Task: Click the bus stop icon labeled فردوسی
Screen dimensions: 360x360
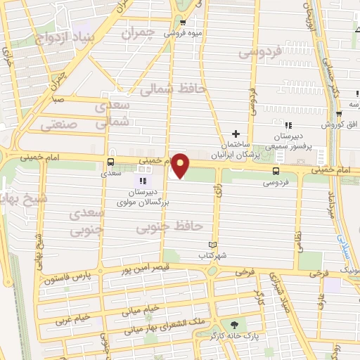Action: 276,171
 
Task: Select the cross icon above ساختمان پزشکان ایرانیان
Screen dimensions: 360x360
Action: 236,134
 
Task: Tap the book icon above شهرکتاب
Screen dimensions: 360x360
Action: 210,245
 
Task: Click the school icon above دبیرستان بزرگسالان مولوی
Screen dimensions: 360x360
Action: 144,181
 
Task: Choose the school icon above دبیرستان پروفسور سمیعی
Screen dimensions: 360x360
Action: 288,125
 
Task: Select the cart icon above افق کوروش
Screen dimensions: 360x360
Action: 339,114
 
